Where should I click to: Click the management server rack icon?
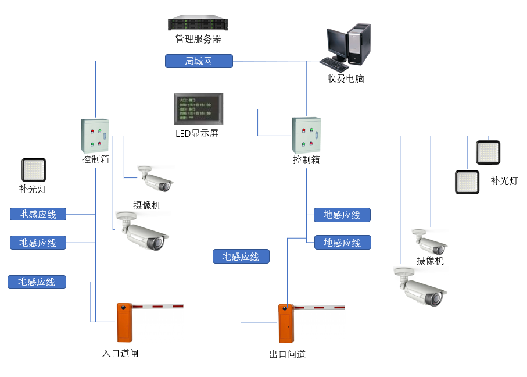(198, 24)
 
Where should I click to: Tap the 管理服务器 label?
(198, 40)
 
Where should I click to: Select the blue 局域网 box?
(199, 61)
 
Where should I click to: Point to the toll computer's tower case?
(359, 44)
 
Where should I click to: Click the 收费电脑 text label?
(345, 79)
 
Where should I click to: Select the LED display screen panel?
(199, 108)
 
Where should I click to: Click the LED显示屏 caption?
(197, 133)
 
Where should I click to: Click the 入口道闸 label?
(120, 353)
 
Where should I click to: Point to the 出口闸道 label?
(287, 354)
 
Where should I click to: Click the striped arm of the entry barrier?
(157, 306)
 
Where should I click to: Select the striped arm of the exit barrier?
(319, 307)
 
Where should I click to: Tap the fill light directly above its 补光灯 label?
(34, 170)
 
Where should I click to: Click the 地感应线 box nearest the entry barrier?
(37, 282)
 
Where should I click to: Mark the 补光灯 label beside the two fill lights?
(504, 181)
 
